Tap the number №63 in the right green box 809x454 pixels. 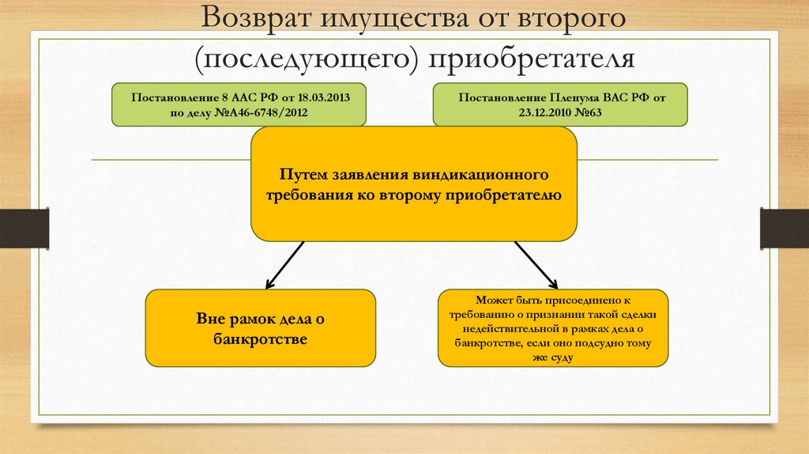click(x=591, y=112)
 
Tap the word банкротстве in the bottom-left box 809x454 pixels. click(x=260, y=339)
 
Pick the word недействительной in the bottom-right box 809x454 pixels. click(x=512, y=324)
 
